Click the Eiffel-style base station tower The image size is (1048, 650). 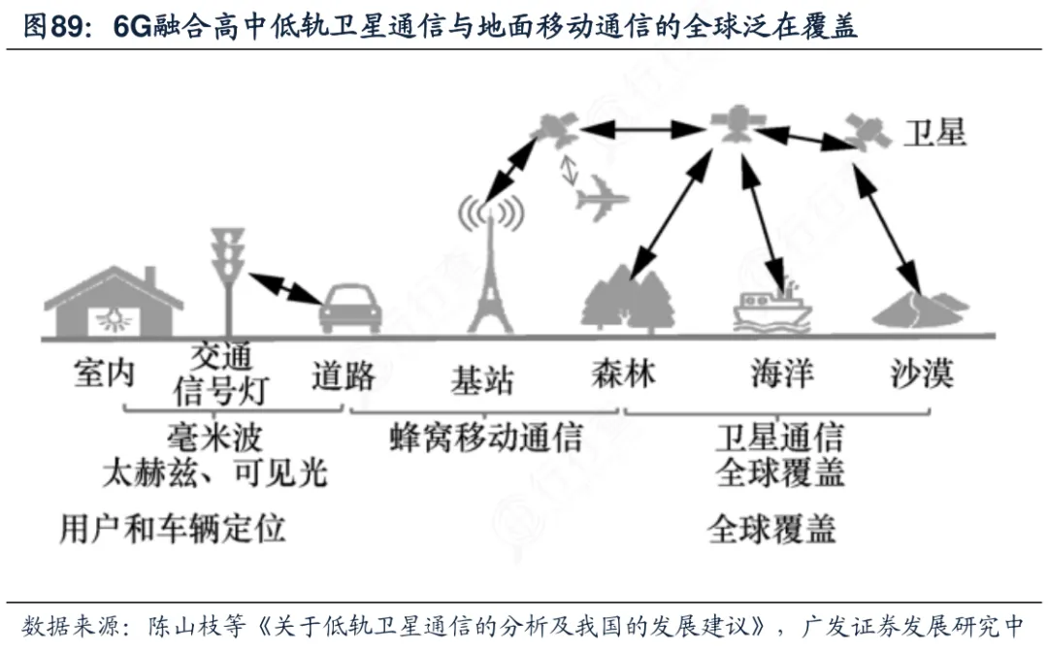pyautogui.click(x=490, y=267)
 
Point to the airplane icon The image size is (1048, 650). pyautogui.click(x=601, y=199)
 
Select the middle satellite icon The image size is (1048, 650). pyautogui.click(x=737, y=123)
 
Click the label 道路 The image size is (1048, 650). pyautogui.click(x=344, y=375)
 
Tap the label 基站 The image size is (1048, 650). pyautogui.click(x=482, y=380)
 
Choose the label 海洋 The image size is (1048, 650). pyautogui.click(x=782, y=373)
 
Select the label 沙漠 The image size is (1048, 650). pyautogui.click(x=922, y=373)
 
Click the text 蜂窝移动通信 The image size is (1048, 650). pyautogui.click(x=486, y=439)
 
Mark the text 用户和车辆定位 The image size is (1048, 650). pyautogui.click(x=173, y=529)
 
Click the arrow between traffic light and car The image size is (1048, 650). pyautogui.click(x=285, y=289)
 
